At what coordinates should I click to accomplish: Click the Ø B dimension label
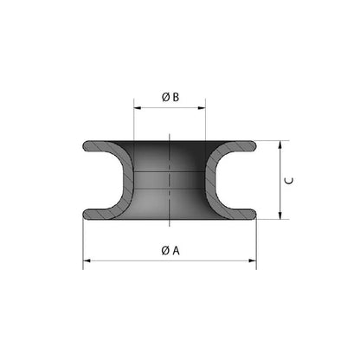pyautogui.click(x=170, y=98)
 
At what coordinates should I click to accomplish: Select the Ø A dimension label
pyautogui.click(x=170, y=250)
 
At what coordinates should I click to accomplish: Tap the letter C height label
pyautogui.click(x=291, y=180)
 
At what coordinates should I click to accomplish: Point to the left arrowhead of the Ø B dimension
pyautogui.click(x=137, y=107)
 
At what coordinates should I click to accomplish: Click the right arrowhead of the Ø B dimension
pyautogui.click(x=203, y=107)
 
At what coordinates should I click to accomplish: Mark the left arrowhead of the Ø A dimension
pyautogui.click(x=87, y=260)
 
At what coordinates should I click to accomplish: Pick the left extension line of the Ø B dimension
pyautogui.click(x=133, y=121)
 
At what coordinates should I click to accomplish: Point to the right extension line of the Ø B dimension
pyautogui.click(x=207, y=121)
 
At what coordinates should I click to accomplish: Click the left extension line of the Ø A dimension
pyautogui.click(x=83, y=242)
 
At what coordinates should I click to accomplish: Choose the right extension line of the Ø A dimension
pyautogui.click(x=256, y=242)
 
